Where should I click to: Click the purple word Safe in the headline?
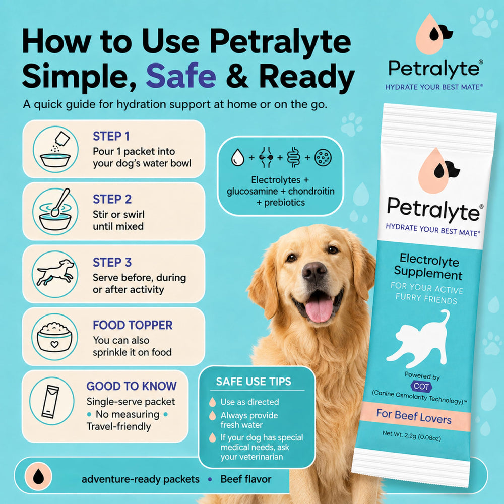point(181,76)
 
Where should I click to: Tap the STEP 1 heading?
point(111,136)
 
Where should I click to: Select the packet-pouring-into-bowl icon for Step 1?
point(55,149)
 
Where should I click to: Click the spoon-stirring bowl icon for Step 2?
point(55,211)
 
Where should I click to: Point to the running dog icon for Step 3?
point(55,274)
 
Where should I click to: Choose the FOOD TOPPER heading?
point(133,325)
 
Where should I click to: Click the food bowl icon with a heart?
point(54,337)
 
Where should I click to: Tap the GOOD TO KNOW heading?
point(132,386)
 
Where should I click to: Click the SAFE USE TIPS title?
point(254,382)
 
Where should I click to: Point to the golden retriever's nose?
point(314,272)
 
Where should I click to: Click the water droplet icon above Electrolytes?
point(237,157)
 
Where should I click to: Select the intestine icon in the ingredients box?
point(294,157)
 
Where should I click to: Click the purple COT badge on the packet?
point(421,386)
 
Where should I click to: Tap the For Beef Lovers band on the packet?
point(415,417)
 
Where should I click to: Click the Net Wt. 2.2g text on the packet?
point(411,436)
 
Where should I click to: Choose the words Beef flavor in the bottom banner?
point(246,479)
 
